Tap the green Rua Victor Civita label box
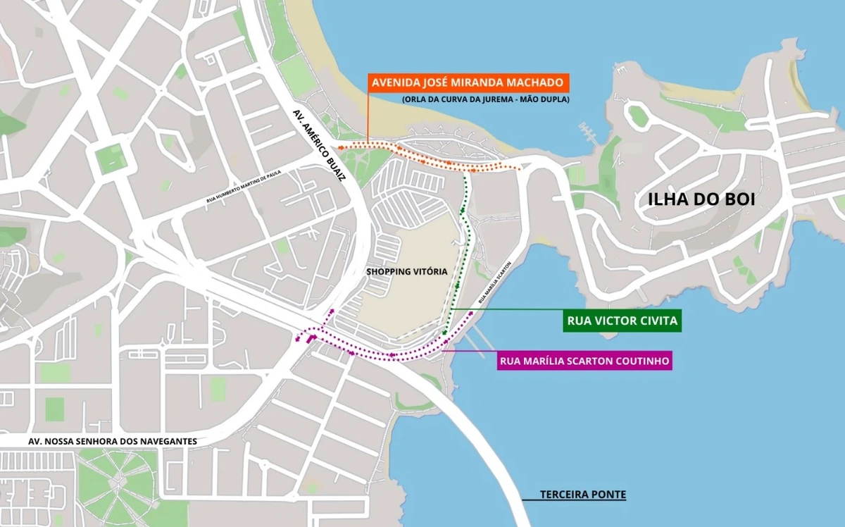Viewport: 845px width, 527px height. pyautogui.click(x=622, y=322)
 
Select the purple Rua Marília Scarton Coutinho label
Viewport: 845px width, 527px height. pyautogui.click(x=584, y=361)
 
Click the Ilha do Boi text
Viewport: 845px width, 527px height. pyautogui.click(x=701, y=199)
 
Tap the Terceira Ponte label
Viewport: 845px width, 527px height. pyautogui.click(x=582, y=495)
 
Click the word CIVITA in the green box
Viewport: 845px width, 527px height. pyautogui.click(x=657, y=322)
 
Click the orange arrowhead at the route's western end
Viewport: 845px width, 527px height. pyautogui.click(x=339, y=147)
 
